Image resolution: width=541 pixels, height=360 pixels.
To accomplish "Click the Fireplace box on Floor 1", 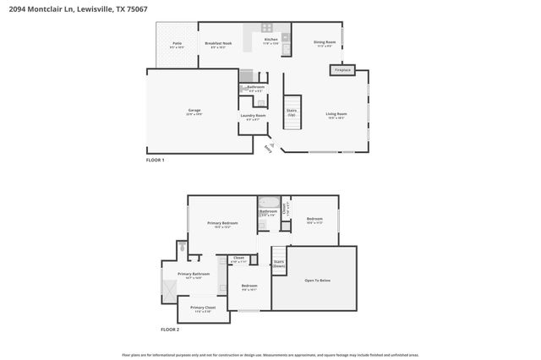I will [344, 70].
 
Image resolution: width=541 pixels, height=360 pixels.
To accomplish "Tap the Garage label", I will [194, 112].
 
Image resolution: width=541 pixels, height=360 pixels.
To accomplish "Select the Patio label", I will [178, 43].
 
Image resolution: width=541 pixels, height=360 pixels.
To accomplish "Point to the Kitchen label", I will [270, 41].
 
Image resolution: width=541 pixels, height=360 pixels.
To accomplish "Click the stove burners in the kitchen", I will [268, 27].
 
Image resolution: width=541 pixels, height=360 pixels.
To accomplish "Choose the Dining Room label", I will [326, 42].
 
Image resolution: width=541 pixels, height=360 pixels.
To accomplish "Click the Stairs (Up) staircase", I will [292, 114].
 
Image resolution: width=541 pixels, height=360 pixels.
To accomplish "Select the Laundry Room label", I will [253, 116].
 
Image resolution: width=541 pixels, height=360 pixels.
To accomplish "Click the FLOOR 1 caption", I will [156, 160].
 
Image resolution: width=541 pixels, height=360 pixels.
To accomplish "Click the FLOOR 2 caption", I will [171, 330].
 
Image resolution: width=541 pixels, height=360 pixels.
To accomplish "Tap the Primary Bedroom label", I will [222, 223].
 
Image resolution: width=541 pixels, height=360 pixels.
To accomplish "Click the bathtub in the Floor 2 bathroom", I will [270, 203].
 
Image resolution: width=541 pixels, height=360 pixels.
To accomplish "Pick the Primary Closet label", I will [203, 308].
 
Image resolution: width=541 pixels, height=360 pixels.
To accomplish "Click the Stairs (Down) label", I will [279, 264].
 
